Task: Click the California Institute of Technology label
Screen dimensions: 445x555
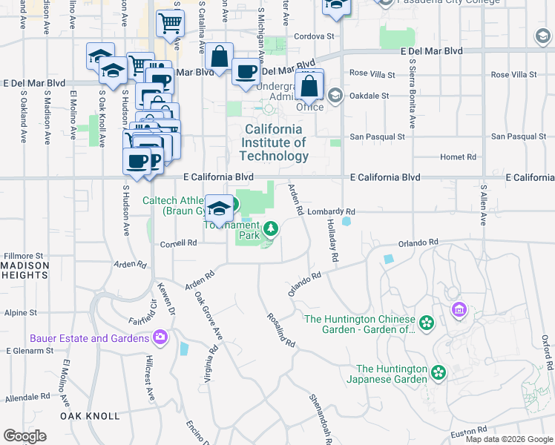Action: [x=274, y=142]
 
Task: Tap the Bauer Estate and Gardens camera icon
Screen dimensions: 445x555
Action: [x=160, y=338]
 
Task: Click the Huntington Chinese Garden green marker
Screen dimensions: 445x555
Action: [x=426, y=323]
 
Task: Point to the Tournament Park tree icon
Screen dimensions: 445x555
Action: [x=269, y=228]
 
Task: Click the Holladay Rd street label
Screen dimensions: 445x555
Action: [x=332, y=244]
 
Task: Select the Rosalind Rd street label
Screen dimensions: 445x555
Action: [x=281, y=329]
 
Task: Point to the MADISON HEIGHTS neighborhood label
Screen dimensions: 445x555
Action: [x=24, y=271]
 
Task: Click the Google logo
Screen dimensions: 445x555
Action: [x=25, y=436]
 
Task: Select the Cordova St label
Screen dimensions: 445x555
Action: [x=315, y=36]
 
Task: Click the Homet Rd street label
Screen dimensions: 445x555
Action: [x=458, y=157]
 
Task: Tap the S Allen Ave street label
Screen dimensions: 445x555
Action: [x=482, y=205]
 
